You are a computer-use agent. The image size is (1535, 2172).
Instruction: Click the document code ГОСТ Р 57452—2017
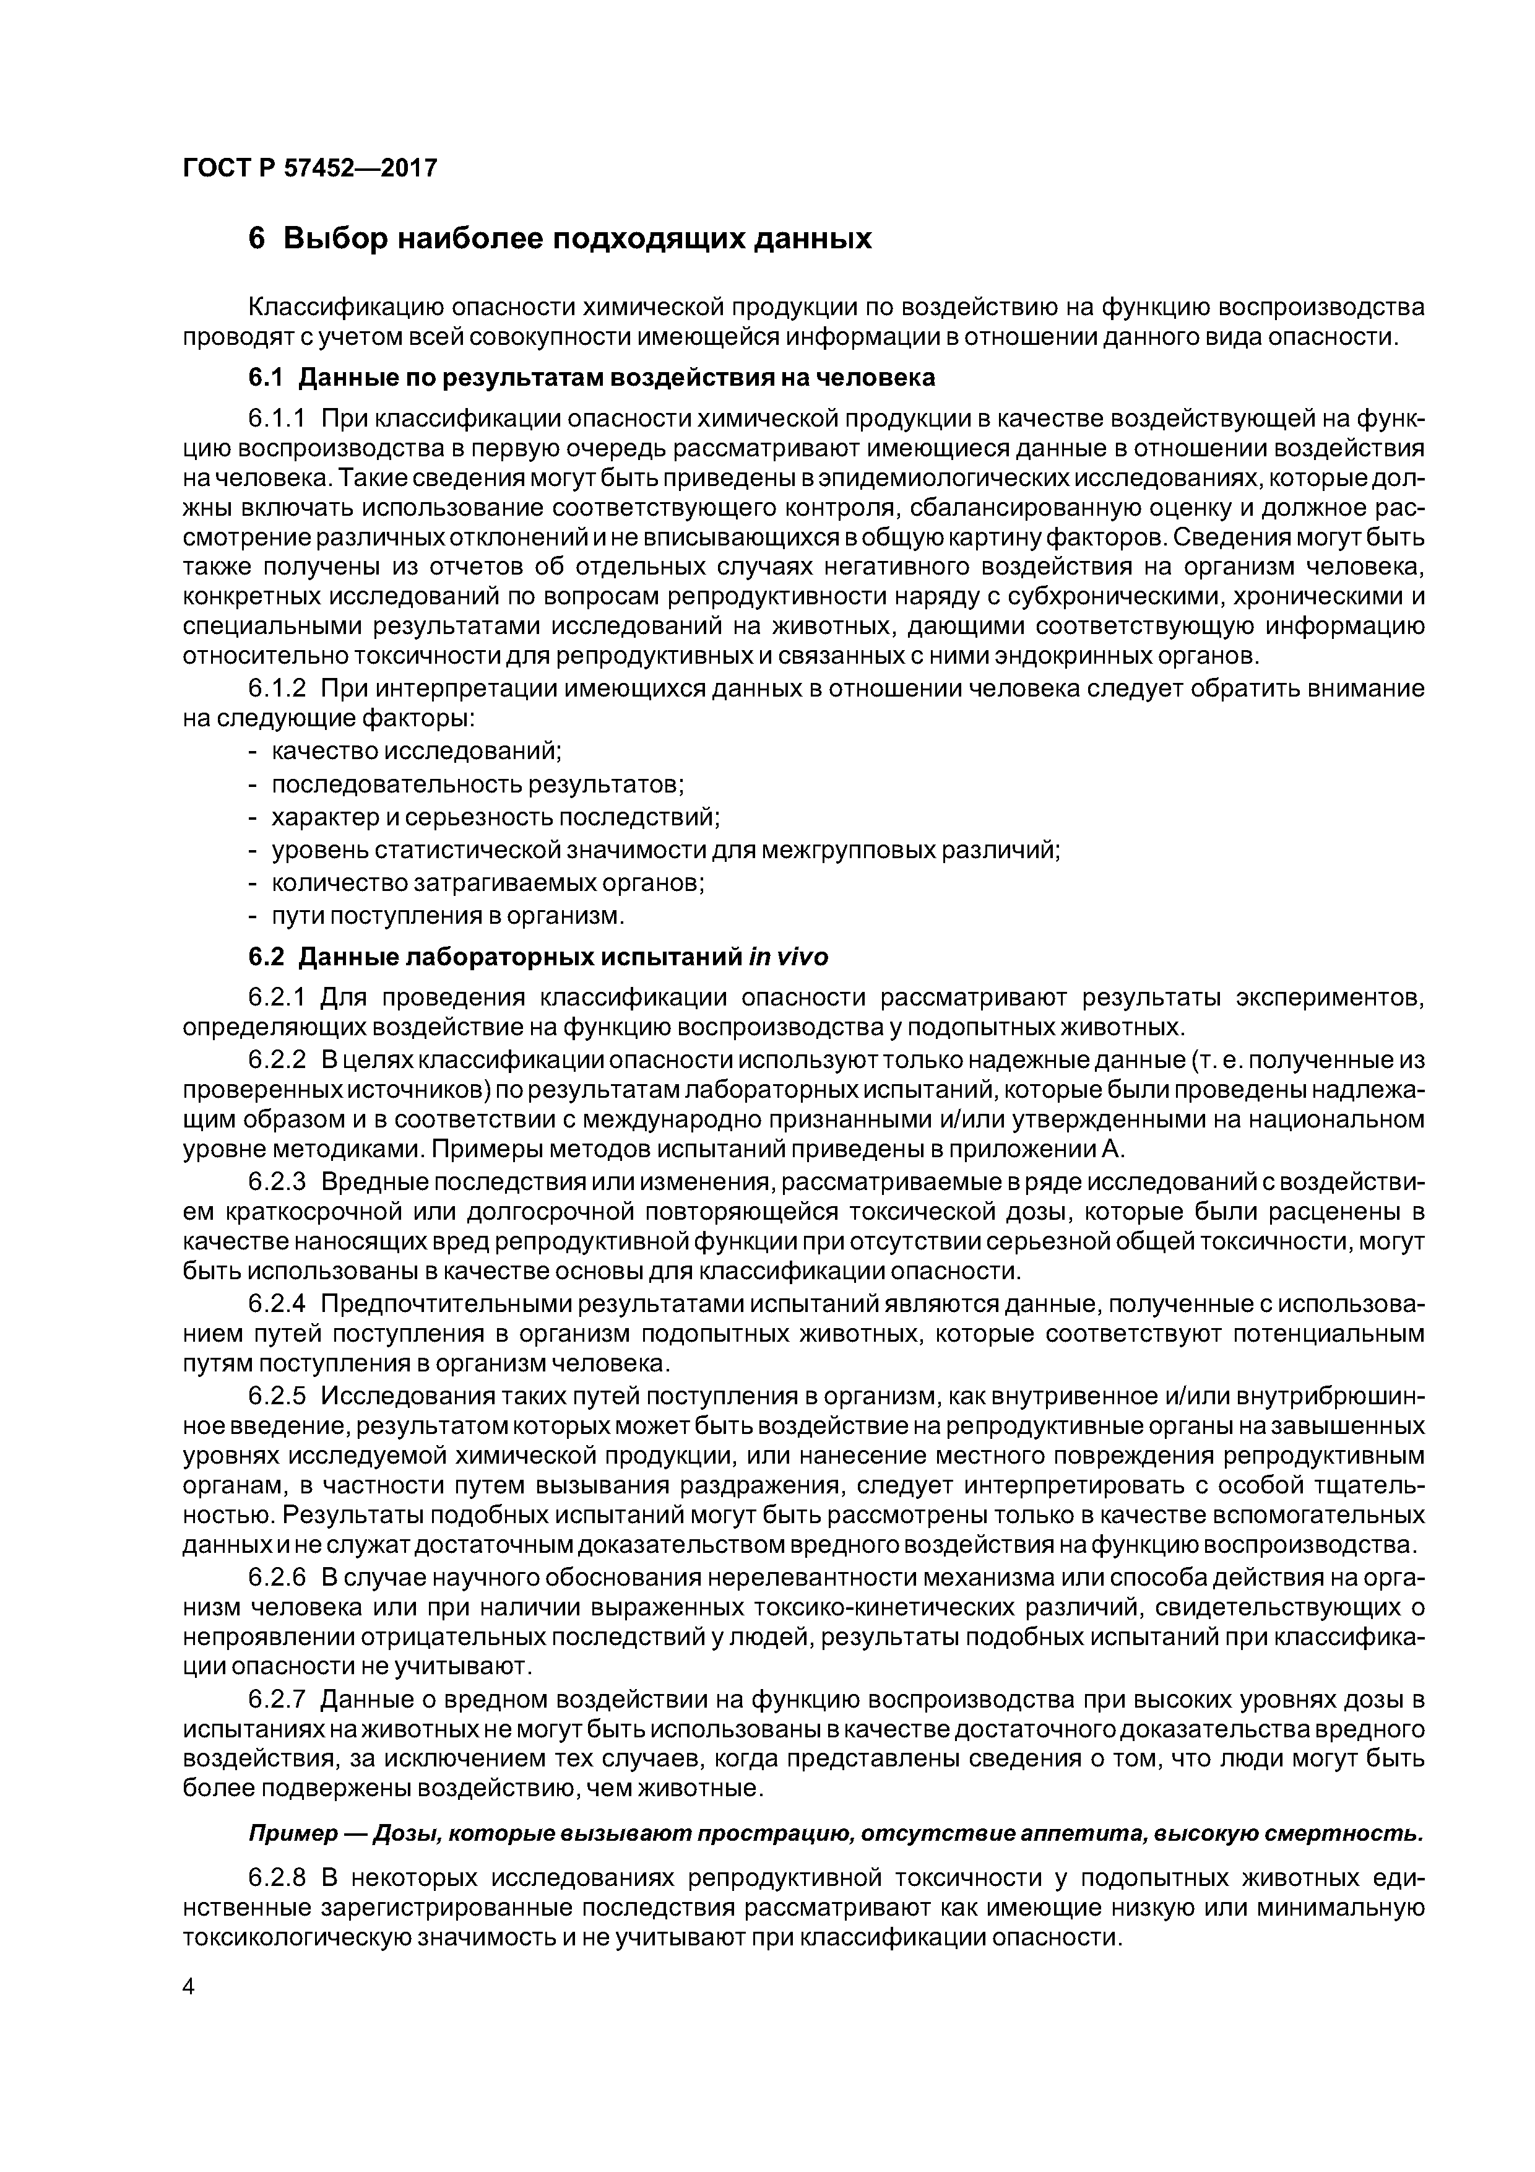pos(309,168)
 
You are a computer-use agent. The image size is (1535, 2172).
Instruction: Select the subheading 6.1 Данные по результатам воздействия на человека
pos(591,378)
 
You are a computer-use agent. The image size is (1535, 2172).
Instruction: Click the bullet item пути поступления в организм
pos(448,916)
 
